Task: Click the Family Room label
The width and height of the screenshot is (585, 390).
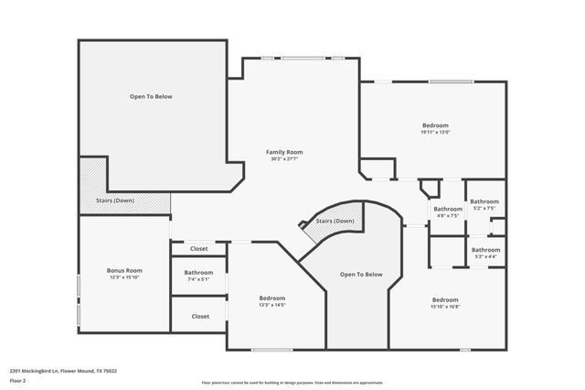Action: (x=284, y=152)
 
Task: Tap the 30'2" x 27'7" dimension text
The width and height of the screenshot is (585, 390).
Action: (x=284, y=159)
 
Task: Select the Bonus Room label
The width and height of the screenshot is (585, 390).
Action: (x=124, y=271)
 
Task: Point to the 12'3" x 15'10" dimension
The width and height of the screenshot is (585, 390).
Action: (x=124, y=278)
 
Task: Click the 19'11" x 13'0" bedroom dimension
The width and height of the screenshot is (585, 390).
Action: (x=435, y=132)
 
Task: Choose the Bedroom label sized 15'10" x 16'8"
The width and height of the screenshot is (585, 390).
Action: (x=445, y=300)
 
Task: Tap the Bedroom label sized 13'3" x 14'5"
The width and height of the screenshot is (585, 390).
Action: (x=271, y=298)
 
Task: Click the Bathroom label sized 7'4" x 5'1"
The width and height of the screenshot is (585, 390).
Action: (x=198, y=273)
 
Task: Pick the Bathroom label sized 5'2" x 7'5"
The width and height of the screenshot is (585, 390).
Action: (x=484, y=201)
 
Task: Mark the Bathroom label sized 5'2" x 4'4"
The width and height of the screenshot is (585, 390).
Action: (x=484, y=250)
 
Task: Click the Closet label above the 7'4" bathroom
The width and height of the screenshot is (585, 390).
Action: (x=198, y=249)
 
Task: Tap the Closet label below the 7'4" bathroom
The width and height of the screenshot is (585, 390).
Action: (x=200, y=317)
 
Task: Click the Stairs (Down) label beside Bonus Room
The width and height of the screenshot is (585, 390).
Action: (x=115, y=200)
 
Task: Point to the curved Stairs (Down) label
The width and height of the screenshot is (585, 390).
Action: (x=335, y=222)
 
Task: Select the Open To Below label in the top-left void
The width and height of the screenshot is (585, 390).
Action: (x=151, y=96)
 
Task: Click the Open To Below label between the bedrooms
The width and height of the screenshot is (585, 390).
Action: (x=361, y=275)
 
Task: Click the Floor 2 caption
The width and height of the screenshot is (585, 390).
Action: (x=18, y=380)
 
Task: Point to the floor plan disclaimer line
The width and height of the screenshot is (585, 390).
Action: (x=292, y=383)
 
